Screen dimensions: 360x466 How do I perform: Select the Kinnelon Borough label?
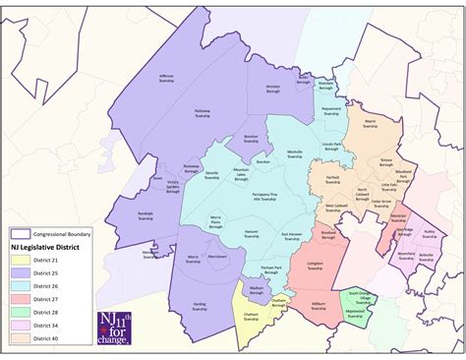point(273,89)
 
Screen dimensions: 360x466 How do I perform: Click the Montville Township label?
point(294,153)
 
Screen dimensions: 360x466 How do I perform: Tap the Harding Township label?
point(200,306)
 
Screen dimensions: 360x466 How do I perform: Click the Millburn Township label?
point(319,306)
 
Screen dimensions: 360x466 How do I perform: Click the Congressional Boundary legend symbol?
point(20,234)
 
